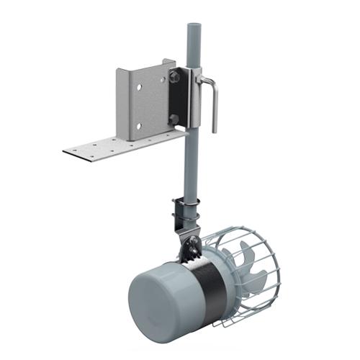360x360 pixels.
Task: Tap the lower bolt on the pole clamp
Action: [x=176, y=119]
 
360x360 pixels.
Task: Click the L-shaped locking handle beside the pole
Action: [x=213, y=101]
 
